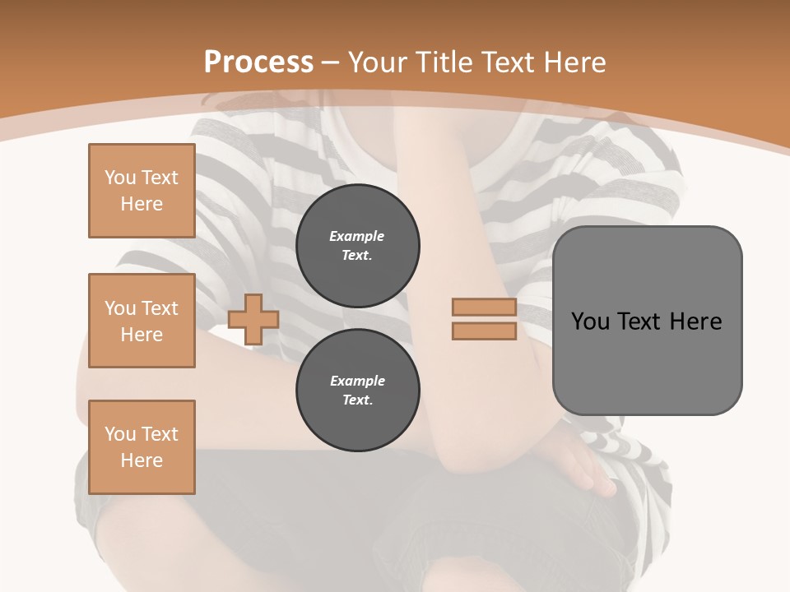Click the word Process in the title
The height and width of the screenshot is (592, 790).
[x=258, y=62]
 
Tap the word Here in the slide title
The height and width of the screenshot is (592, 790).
[x=573, y=62]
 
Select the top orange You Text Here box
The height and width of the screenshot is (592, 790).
[x=142, y=191]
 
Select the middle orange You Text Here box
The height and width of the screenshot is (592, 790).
[x=142, y=321]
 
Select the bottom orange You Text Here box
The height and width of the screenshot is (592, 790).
[x=142, y=447]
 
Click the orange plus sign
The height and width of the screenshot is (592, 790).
[x=253, y=319]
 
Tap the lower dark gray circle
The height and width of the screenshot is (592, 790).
[x=358, y=390]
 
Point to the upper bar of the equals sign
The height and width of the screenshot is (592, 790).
[x=485, y=308]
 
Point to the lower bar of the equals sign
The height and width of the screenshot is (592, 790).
[x=485, y=331]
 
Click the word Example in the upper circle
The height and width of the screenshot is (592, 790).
[x=357, y=236]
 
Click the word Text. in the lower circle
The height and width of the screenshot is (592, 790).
[x=357, y=400]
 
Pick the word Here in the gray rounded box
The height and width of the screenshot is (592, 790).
[x=695, y=321]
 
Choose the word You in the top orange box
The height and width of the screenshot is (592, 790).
[x=119, y=178]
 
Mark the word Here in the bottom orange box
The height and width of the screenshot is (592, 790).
[x=142, y=460]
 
